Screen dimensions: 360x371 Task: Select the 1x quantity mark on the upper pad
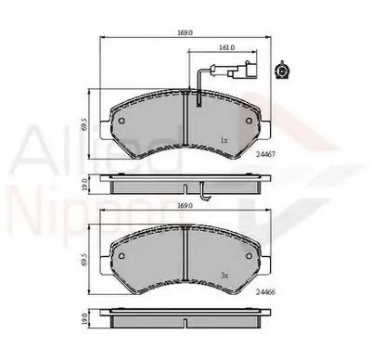coord(224,140)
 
